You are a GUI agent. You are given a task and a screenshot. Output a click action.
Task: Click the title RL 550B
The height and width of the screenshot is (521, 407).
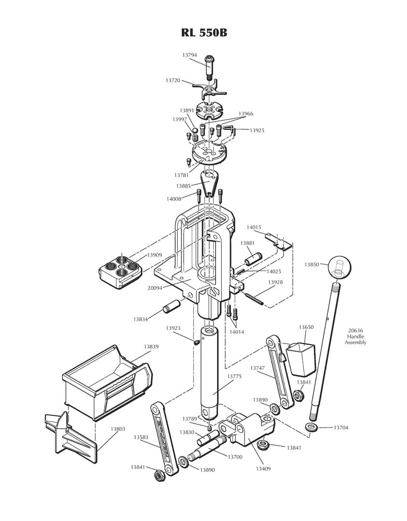(203, 33)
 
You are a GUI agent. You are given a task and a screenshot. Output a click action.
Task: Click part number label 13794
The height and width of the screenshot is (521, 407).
(189, 55)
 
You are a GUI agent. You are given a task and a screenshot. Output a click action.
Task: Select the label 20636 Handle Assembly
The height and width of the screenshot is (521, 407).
(355, 336)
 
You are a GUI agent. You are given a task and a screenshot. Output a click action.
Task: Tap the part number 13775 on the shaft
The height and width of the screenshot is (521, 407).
(234, 376)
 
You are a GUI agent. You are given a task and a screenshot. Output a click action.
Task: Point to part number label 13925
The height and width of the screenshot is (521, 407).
(257, 130)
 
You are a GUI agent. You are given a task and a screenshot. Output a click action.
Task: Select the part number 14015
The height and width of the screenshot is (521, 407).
(254, 227)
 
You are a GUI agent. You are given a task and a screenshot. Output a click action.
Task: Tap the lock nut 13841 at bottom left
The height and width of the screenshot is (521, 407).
(158, 476)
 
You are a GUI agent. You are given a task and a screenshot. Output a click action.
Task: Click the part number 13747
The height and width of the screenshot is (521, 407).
(257, 368)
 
